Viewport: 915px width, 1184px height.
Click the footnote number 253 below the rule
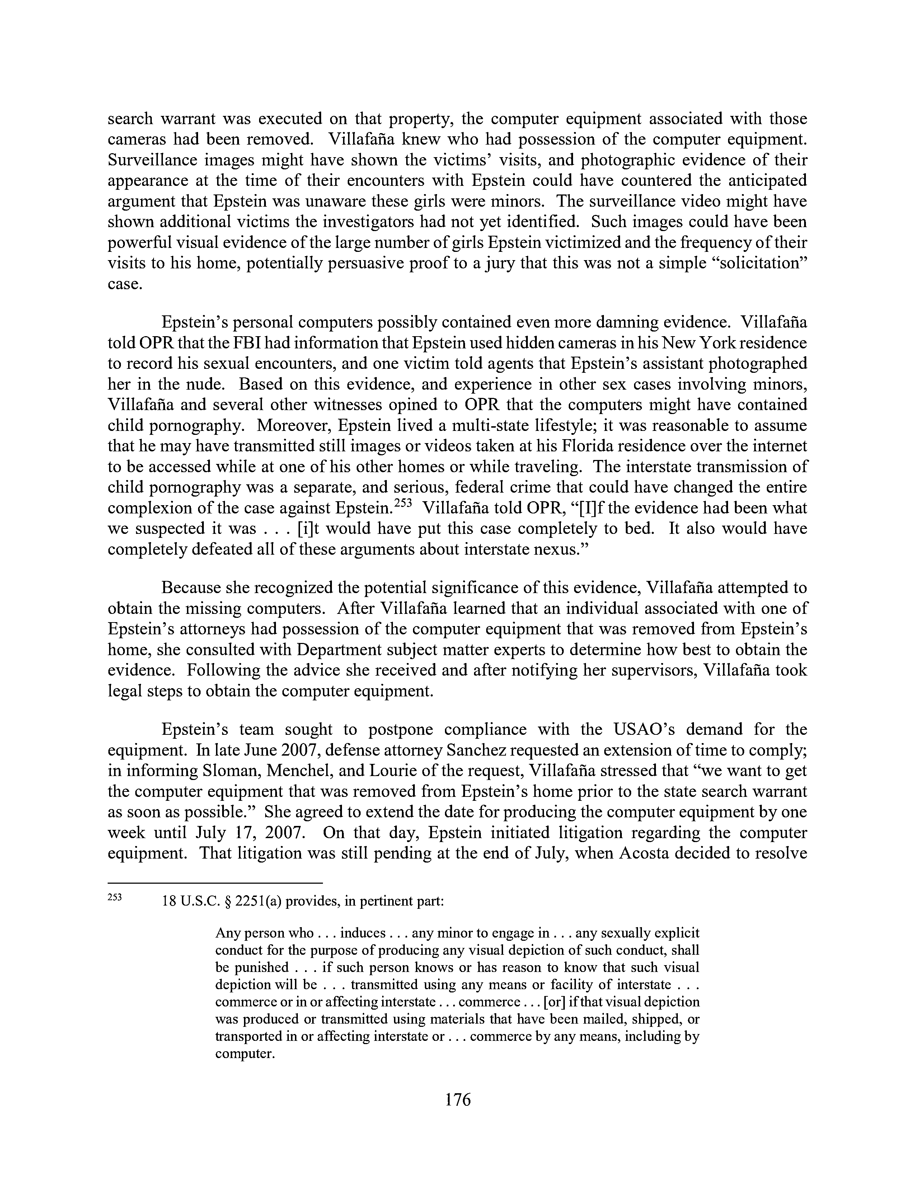(115, 897)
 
